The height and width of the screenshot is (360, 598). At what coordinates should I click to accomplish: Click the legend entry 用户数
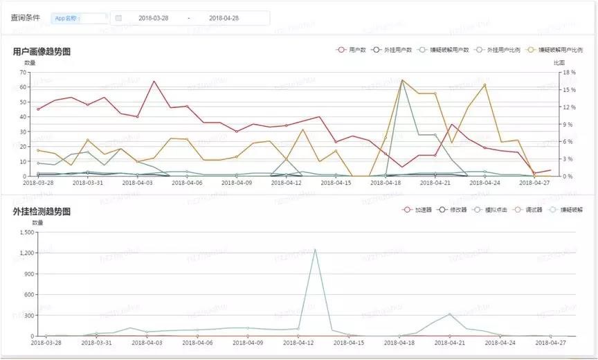point(352,50)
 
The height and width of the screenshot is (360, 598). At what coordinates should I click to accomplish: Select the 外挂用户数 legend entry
point(392,50)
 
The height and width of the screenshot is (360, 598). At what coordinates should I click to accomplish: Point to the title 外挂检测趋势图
point(42,211)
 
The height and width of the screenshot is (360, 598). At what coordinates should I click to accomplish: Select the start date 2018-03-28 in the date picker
point(153,18)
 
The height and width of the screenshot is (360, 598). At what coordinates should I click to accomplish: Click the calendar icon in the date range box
point(118,18)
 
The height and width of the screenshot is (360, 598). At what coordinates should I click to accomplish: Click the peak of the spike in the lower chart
point(315,249)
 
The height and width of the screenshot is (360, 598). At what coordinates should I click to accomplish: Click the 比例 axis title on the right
point(559,63)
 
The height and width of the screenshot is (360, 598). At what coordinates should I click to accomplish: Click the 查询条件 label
point(25,18)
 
